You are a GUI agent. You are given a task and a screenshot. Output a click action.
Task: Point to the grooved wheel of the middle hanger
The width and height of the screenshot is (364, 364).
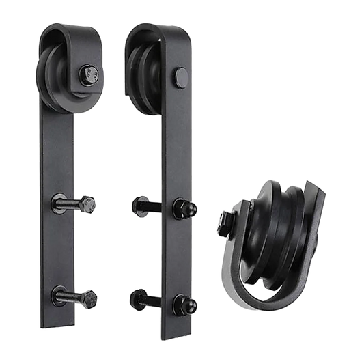[145, 68]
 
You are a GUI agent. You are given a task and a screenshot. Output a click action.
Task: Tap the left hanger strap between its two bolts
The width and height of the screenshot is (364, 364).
[73, 249]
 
